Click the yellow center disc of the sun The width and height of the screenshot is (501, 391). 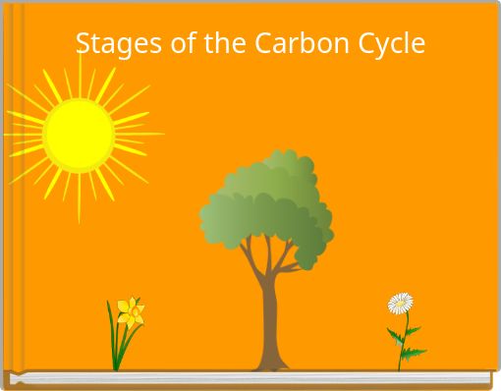point(79,136)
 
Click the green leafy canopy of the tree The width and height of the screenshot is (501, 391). point(265,201)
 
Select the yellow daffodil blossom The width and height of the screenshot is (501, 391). point(131,312)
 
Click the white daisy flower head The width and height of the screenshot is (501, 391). point(400,303)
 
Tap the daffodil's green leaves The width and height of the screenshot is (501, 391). point(117,344)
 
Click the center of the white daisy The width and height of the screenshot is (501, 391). point(400,303)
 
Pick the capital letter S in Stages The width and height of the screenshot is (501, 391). point(83,44)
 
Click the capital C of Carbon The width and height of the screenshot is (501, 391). point(263,44)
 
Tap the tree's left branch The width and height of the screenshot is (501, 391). point(251,258)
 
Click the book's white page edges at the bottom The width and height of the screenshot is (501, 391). point(246,378)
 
